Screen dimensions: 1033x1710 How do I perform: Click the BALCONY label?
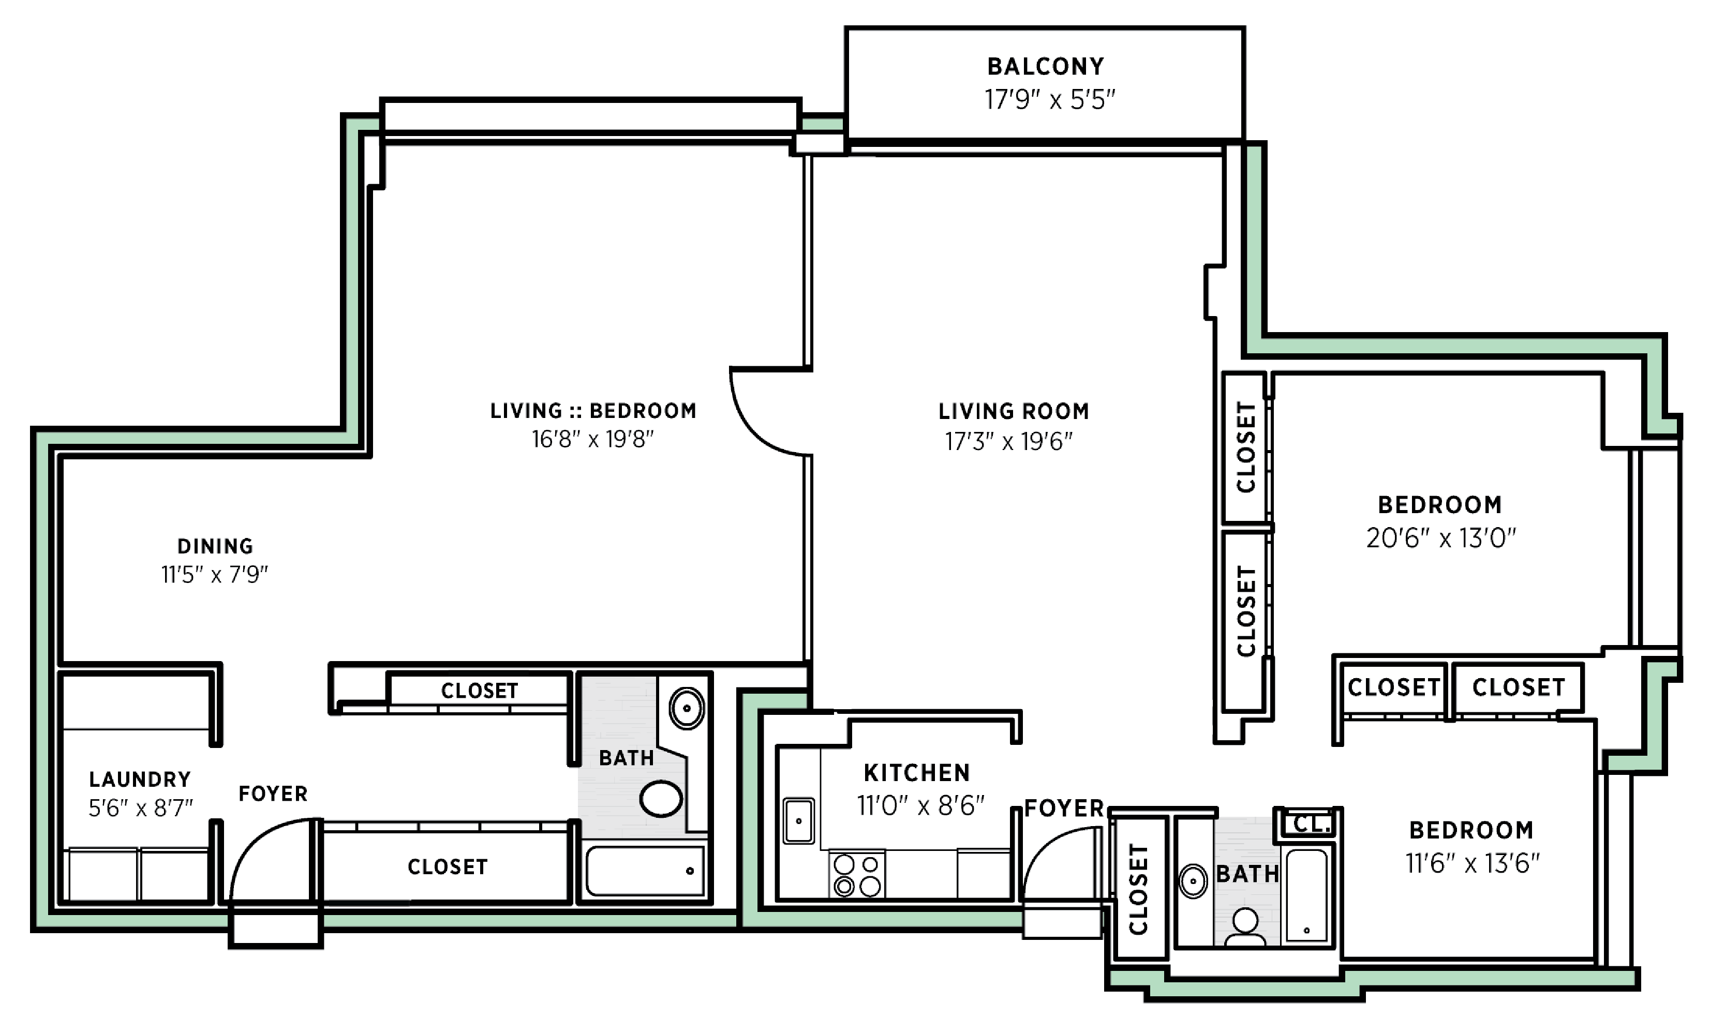coord(1045,67)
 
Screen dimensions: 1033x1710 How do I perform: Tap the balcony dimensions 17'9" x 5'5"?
coord(1049,100)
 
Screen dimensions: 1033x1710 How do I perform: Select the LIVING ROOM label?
coord(1013,411)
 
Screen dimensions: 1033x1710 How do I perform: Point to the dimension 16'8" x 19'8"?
coord(592,440)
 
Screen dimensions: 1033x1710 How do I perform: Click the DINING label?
coord(215,547)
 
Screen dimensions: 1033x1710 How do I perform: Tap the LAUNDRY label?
coord(140,780)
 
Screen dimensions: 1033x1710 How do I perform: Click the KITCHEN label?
coord(917,773)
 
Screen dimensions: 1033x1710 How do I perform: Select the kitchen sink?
coord(798,821)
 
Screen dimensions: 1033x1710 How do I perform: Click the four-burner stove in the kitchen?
coord(857,876)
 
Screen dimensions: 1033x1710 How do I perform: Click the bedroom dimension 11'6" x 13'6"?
coord(1472,864)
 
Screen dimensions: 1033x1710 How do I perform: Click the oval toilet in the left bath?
coord(661,799)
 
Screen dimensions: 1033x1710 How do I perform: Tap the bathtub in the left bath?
coord(645,872)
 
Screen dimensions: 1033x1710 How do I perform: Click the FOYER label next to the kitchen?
coord(1064,808)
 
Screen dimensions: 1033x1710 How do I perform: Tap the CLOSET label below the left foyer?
coord(448,867)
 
